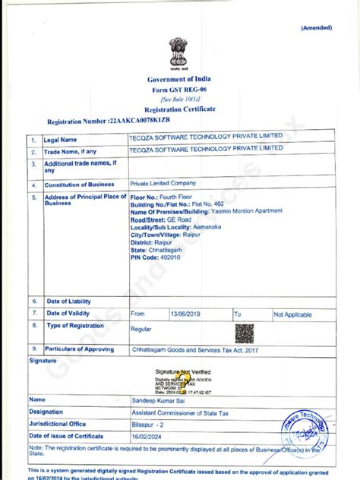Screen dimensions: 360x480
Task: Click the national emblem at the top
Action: click(x=179, y=52)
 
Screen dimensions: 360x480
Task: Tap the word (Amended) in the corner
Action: click(x=317, y=28)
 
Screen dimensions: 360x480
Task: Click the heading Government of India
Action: click(x=179, y=80)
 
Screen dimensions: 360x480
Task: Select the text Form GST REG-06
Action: click(x=179, y=90)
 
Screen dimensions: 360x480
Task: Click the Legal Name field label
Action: click(x=61, y=140)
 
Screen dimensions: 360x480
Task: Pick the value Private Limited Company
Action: click(x=163, y=184)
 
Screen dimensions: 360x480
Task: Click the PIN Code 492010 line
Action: click(x=156, y=257)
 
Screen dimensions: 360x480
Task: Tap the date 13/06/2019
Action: click(x=184, y=314)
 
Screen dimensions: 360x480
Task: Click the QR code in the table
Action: click(x=245, y=333)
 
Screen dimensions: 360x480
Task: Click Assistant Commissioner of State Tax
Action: click(x=184, y=412)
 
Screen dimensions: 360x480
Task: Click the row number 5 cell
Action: click(x=34, y=197)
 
